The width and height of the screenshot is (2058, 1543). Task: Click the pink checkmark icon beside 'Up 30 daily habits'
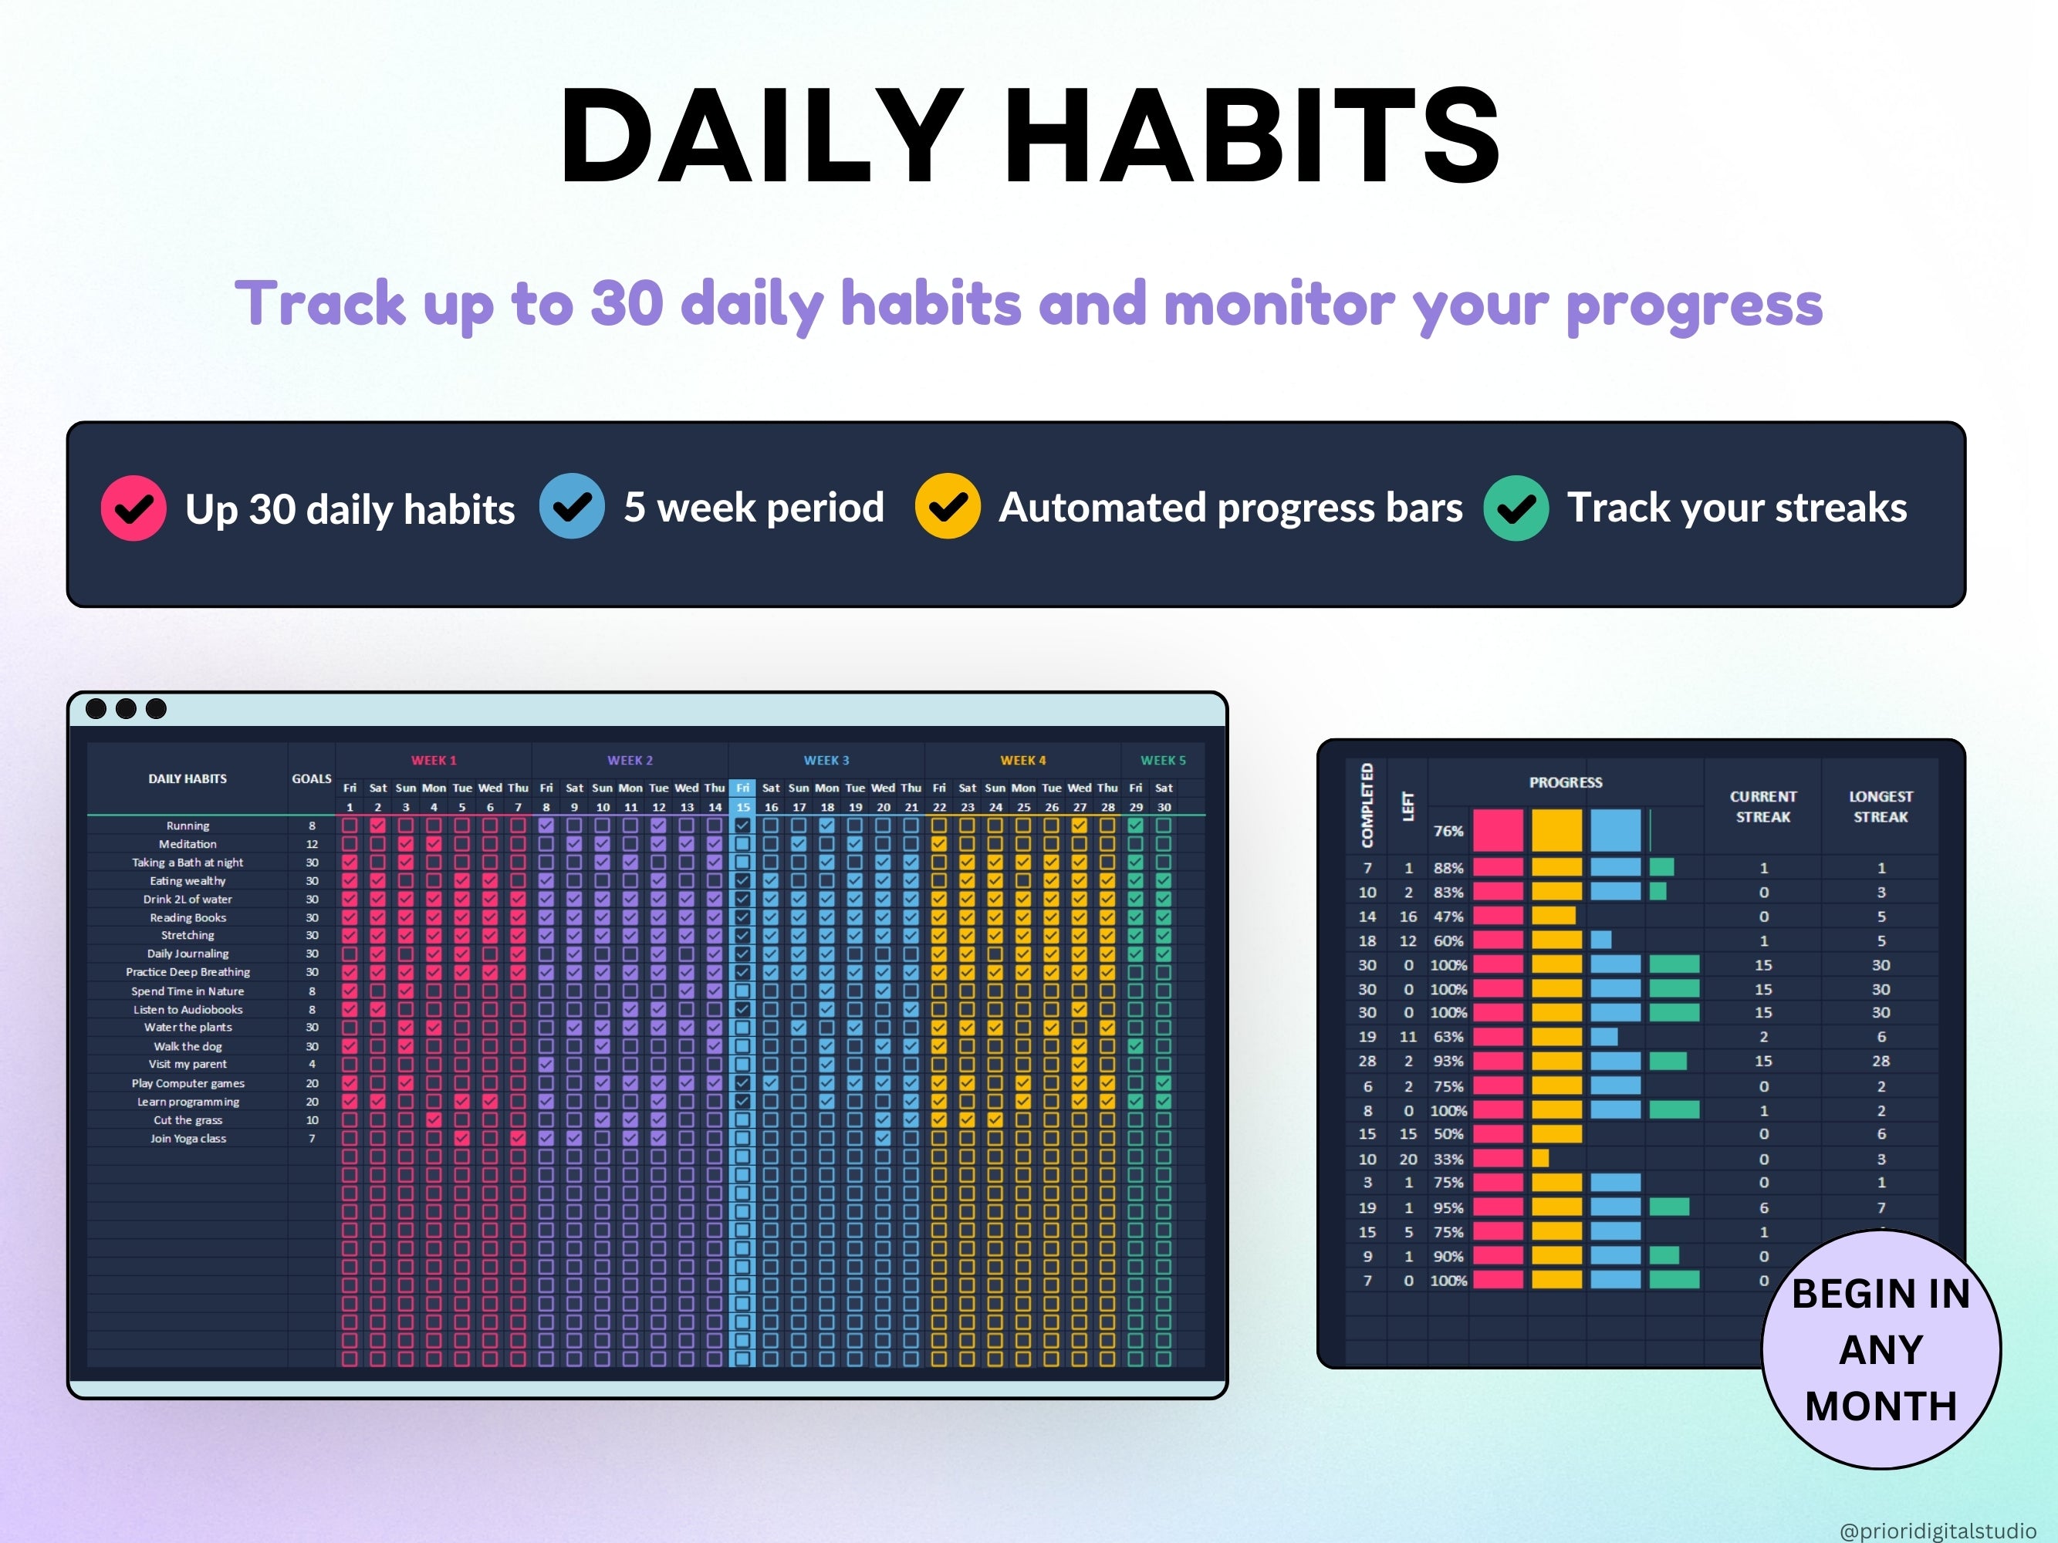pyautogui.click(x=133, y=508)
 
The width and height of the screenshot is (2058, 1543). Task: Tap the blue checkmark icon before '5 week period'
pyautogui.click(x=571, y=506)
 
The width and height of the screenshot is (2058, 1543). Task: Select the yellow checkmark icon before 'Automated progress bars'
pyautogui.click(x=947, y=506)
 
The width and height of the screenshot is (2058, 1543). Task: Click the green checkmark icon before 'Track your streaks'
pyautogui.click(x=1516, y=508)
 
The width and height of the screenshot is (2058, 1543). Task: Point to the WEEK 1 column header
pyautogui.click(x=434, y=760)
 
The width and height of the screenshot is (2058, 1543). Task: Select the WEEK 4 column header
pyautogui.click(x=1022, y=760)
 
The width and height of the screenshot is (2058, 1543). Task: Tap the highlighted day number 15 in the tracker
pyautogui.click(x=742, y=807)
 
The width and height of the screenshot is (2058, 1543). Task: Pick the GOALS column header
pyautogui.click(x=312, y=778)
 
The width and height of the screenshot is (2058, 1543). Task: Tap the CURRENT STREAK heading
pyautogui.click(x=1763, y=806)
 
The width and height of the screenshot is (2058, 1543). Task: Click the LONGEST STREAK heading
pyautogui.click(x=1881, y=806)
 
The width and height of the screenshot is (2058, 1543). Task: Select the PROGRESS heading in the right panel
pyautogui.click(x=1565, y=782)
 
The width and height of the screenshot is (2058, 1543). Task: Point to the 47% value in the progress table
pyautogui.click(x=1448, y=916)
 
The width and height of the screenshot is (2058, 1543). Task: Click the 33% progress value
pyautogui.click(x=1448, y=1159)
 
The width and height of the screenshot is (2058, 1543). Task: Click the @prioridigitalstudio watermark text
pyautogui.click(x=1937, y=1530)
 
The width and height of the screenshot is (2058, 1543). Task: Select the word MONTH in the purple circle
pyautogui.click(x=1881, y=1406)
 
